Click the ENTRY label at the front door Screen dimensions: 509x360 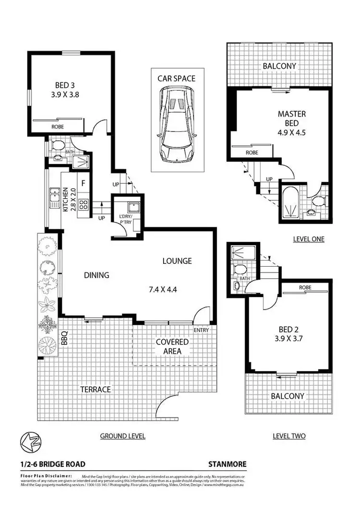coord(201,331)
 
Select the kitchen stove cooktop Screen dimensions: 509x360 coord(82,205)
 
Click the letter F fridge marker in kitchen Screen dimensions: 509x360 coord(83,183)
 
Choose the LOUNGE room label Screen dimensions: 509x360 coord(177,261)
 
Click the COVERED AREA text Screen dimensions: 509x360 coord(172,346)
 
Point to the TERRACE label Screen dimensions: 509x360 coord(95,389)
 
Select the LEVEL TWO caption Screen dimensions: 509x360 coord(289,436)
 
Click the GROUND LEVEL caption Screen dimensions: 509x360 coord(122,436)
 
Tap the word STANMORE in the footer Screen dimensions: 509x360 coord(227,464)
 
